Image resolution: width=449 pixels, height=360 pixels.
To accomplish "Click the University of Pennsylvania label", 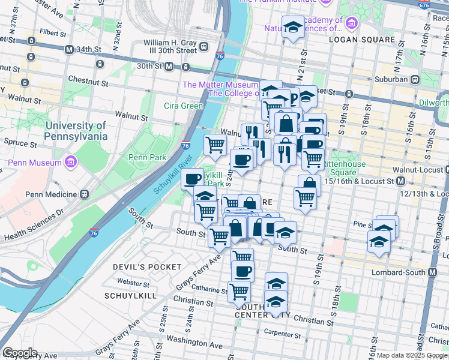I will point(76,131).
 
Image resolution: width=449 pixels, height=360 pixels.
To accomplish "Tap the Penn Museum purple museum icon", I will point(71,163).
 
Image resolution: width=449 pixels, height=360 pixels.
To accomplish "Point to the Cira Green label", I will point(184,106).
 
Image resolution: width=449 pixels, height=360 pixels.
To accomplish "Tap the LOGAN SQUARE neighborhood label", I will point(362,40).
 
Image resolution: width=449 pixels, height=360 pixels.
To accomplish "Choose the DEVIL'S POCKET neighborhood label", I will point(147,266).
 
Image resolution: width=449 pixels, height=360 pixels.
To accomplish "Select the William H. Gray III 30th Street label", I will point(170,47).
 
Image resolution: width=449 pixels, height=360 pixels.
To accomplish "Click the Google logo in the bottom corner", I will point(19,353).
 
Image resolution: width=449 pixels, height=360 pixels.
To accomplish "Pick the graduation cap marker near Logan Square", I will point(293,27).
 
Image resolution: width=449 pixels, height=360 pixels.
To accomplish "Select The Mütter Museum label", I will point(220,85).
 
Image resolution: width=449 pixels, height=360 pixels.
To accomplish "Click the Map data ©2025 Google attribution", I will point(412,355).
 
